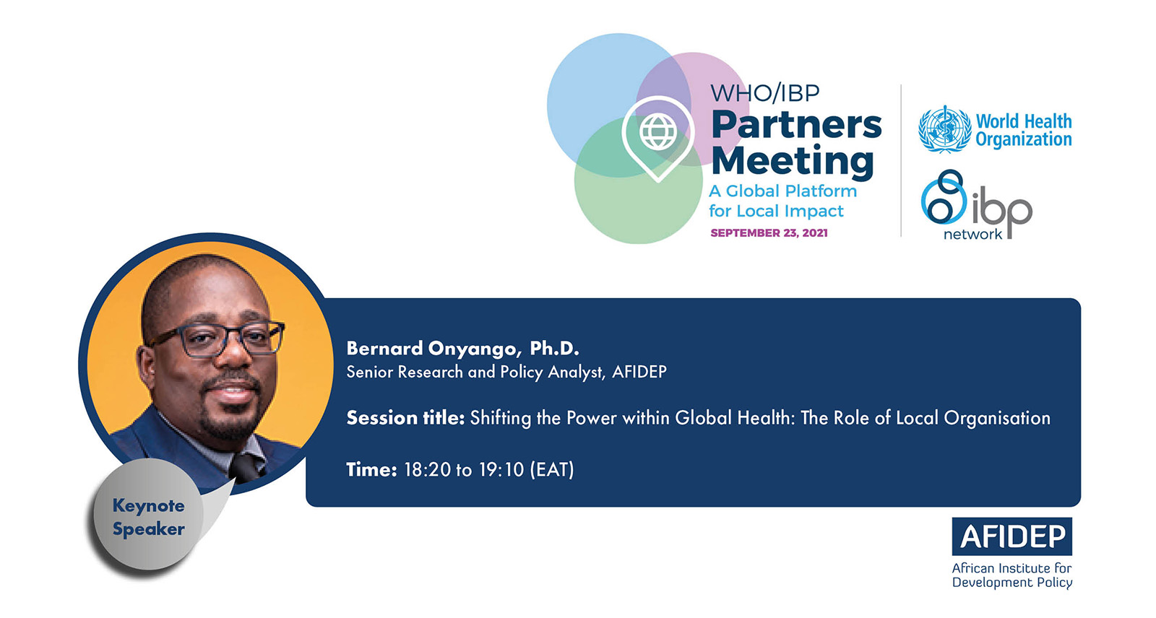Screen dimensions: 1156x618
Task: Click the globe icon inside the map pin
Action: point(658,132)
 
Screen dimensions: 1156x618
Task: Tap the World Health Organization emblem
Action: point(944,129)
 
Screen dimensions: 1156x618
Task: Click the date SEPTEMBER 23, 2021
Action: point(769,232)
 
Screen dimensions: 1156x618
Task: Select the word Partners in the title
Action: point(796,125)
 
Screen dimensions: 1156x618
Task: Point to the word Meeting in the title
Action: point(793,162)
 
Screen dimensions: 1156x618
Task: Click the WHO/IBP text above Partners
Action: point(765,93)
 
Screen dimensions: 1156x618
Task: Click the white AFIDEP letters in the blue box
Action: point(1012,536)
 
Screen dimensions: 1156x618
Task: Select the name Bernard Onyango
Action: point(431,349)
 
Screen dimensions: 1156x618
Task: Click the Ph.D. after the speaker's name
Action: point(554,348)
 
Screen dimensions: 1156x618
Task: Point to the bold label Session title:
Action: point(405,417)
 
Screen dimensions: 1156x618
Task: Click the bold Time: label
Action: point(371,469)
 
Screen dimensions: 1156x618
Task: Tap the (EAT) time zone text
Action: point(552,469)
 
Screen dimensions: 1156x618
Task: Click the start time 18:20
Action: point(420,469)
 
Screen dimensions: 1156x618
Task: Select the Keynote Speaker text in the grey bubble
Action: point(149,517)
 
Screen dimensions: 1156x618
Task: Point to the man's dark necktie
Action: point(246,467)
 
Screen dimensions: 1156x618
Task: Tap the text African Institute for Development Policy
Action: point(1012,575)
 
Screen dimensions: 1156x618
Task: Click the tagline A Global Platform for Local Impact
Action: point(783,201)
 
